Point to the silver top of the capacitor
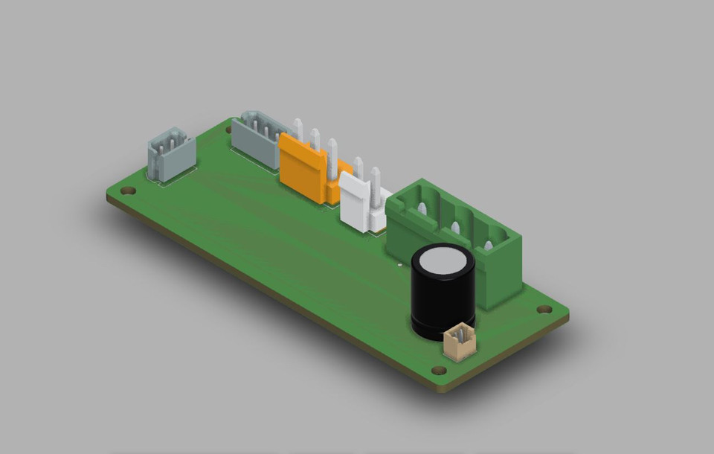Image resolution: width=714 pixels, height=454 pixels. (x=443, y=260)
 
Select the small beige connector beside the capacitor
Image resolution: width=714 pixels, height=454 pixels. (x=459, y=342)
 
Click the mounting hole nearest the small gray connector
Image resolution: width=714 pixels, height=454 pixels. (x=129, y=191)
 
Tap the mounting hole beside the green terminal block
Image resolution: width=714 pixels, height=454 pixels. (x=544, y=309)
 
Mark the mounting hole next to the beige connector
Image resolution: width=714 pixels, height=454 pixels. (x=439, y=370)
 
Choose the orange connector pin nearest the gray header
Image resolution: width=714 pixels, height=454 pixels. (x=299, y=129)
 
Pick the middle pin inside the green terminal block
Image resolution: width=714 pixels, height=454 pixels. (x=454, y=226)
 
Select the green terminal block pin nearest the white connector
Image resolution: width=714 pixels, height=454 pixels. (x=422, y=209)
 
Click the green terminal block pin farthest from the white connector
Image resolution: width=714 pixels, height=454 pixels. (x=488, y=243)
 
